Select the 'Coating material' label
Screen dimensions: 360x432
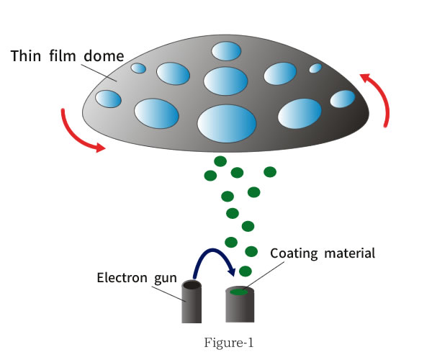click(x=323, y=253)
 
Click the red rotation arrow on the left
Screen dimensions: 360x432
click(x=81, y=134)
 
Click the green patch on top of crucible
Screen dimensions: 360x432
click(x=239, y=292)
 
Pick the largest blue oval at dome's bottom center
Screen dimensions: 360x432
click(x=227, y=123)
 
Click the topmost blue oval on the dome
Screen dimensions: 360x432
click(x=226, y=51)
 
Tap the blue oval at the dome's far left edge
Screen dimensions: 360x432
click(x=108, y=98)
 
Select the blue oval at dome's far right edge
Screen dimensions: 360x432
click(x=343, y=99)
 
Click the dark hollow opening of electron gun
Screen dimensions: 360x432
click(x=191, y=286)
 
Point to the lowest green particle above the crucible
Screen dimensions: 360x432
click(x=246, y=271)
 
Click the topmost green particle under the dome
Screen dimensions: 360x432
click(x=220, y=161)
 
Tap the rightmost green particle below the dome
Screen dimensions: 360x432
click(x=270, y=171)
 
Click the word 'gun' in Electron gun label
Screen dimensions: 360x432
click(x=166, y=276)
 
